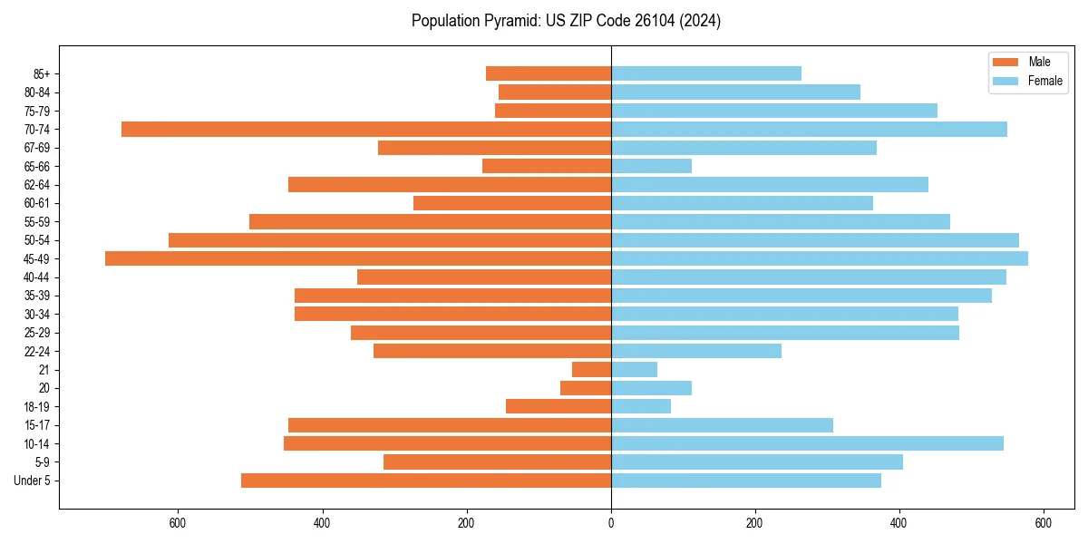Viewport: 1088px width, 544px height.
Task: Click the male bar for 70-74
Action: click(x=366, y=130)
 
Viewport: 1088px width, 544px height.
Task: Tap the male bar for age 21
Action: click(x=591, y=369)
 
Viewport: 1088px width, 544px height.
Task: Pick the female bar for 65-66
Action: click(x=651, y=166)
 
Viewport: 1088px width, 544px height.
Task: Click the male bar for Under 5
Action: click(x=426, y=481)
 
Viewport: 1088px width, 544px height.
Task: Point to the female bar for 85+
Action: click(x=706, y=73)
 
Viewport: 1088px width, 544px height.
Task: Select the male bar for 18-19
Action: click(x=559, y=406)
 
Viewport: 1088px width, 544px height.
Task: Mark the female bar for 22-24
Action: click(x=696, y=351)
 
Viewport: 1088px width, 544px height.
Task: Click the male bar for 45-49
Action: click(x=358, y=258)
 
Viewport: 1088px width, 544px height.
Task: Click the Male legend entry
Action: click(x=1039, y=62)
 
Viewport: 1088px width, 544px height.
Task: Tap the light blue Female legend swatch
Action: click(x=1006, y=81)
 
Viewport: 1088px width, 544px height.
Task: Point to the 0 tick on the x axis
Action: click(x=611, y=523)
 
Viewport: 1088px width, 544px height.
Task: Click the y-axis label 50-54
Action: click(x=37, y=240)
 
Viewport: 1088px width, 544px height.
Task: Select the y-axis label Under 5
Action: click(x=32, y=481)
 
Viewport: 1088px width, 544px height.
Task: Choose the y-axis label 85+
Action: click(x=41, y=73)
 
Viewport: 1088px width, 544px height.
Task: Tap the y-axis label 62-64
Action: click(x=37, y=185)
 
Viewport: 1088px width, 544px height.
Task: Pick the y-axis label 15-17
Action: click(x=37, y=425)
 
